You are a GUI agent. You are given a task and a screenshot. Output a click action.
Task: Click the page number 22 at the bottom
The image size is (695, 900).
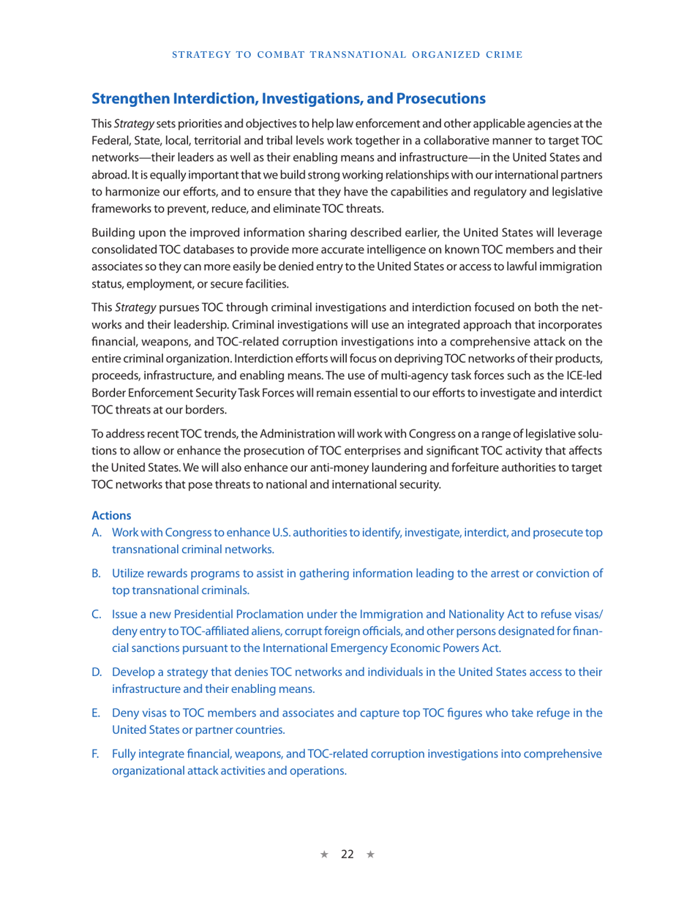(x=347, y=854)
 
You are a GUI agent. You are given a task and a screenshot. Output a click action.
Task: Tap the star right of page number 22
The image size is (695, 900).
(x=370, y=855)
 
